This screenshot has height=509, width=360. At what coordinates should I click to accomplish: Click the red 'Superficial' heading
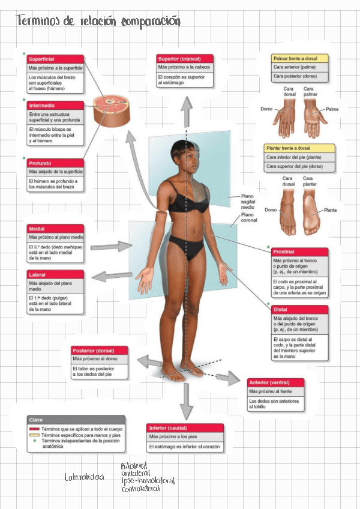pyautogui.click(x=55, y=59)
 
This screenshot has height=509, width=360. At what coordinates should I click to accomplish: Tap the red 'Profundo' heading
pyautogui.click(x=55, y=163)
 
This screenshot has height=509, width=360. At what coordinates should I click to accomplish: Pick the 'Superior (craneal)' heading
pyautogui.click(x=184, y=58)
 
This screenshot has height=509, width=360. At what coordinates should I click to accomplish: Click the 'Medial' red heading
pyautogui.click(x=55, y=229)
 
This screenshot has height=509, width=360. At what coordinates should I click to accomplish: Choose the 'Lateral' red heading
pyautogui.click(x=55, y=274)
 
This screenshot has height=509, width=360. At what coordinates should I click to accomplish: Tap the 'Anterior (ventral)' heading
pyautogui.click(x=275, y=382)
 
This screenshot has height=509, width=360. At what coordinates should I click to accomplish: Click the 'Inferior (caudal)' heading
pyautogui.click(x=185, y=427)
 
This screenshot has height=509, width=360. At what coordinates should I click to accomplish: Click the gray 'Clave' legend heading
pyautogui.click(x=76, y=420)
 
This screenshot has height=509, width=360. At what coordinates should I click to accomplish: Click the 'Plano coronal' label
pyautogui.click(x=248, y=217)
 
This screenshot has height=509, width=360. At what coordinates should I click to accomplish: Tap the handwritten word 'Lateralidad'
pyautogui.click(x=84, y=477)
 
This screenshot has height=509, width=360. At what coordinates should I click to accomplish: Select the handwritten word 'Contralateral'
pyautogui.click(x=140, y=489)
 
